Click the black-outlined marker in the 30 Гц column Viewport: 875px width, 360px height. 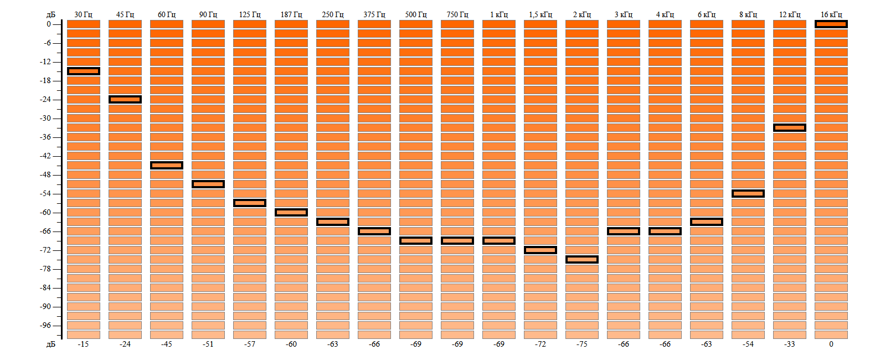(84, 71)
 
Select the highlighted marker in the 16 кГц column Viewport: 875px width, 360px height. (831, 24)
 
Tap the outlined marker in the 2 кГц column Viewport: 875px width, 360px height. (582, 259)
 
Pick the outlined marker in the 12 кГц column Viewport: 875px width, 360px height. (790, 127)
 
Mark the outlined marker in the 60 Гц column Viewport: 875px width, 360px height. (167, 165)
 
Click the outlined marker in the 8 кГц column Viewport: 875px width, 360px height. (748, 193)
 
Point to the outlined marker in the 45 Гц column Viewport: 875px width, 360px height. (125, 99)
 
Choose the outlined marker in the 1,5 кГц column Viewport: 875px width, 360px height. (541, 250)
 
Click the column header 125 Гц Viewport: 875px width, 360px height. (250, 14)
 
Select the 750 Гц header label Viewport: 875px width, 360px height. (457, 14)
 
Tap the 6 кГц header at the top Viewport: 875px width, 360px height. (707, 14)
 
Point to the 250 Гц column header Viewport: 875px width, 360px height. (333, 14)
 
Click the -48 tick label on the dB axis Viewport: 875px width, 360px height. (45, 174)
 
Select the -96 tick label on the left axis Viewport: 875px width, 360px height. (45, 325)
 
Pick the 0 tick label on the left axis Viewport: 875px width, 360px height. (49, 24)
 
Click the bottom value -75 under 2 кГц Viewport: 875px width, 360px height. (582, 344)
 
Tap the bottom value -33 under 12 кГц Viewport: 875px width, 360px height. (790, 344)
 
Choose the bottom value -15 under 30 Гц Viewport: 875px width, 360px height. (84, 344)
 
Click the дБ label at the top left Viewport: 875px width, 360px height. (51, 14)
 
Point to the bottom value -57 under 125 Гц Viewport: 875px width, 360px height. (250, 344)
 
